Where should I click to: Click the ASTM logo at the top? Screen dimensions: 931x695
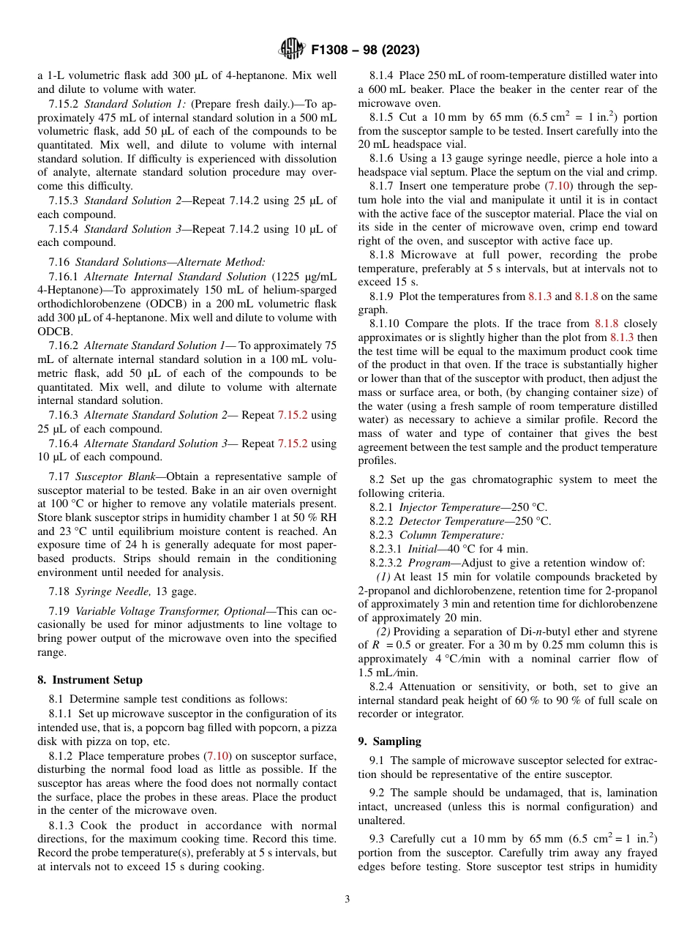point(293,50)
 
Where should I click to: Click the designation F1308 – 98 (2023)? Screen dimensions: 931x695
point(365,51)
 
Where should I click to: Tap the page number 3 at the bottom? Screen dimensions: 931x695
point(347,899)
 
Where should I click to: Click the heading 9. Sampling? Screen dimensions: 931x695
point(389,741)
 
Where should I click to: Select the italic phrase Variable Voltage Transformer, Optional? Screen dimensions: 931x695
point(169,611)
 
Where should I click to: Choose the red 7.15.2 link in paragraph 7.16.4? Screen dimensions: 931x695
point(292,444)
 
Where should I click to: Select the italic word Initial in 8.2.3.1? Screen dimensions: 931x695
point(426,548)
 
